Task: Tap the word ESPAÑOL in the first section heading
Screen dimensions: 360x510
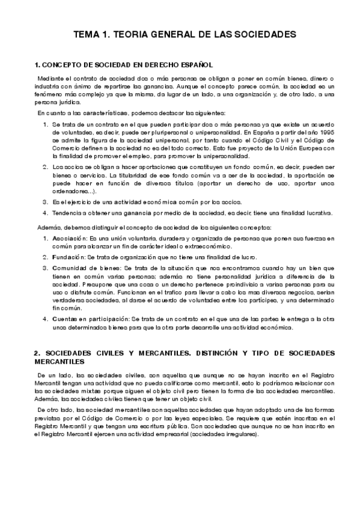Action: (x=194, y=64)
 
